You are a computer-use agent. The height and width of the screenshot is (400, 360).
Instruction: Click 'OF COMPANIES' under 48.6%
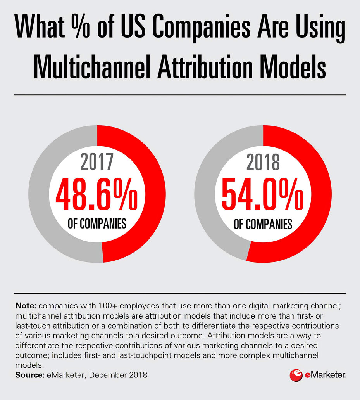(x=97, y=224)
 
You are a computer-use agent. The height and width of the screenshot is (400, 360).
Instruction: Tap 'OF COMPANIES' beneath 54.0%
(x=263, y=224)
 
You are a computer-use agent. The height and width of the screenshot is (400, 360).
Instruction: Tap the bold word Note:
(x=26, y=305)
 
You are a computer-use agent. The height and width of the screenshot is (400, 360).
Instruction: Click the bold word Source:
(x=29, y=375)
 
